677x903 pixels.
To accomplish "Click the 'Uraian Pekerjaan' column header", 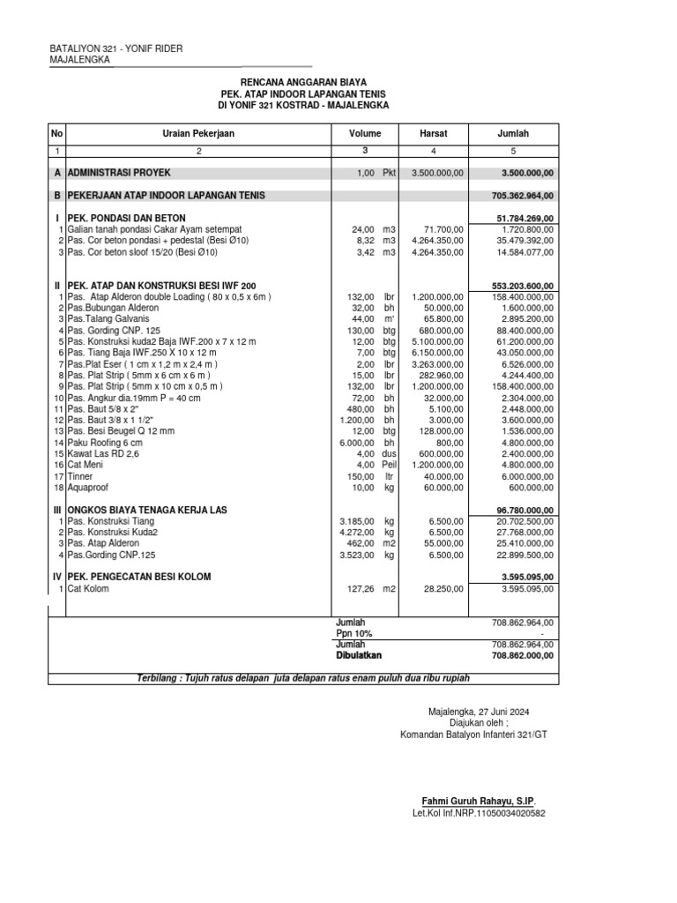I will (x=197, y=133).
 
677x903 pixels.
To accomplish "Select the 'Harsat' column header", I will (x=434, y=133).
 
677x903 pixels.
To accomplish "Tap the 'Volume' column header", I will (x=365, y=133).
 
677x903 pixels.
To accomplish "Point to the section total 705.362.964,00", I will (x=523, y=195).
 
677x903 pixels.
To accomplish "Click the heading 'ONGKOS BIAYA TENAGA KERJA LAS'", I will (x=149, y=511).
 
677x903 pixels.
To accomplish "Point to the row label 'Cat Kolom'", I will (x=88, y=589).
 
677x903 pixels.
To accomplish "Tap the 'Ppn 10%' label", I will (x=354, y=634).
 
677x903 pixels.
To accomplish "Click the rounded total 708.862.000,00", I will (x=523, y=656).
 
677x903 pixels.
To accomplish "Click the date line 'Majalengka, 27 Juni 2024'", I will (x=479, y=711).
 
